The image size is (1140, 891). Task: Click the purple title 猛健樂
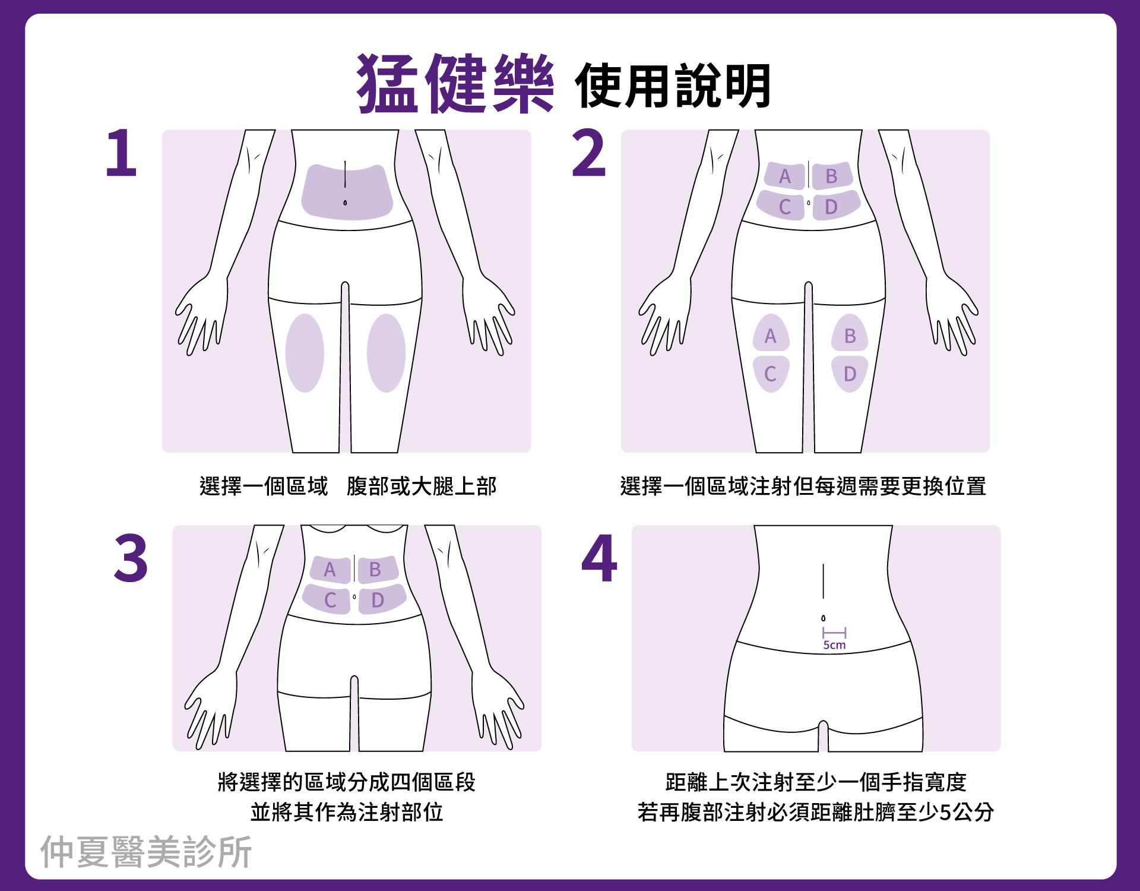pos(455,83)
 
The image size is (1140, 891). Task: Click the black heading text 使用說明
pos(673,86)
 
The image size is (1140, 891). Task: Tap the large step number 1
pos(121,153)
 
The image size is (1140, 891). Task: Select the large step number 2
pos(588,153)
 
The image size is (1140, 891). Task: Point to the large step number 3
pos(131,558)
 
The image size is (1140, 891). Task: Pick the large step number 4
pos(599,558)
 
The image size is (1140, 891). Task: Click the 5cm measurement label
pos(834,645)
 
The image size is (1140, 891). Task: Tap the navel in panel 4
pos(823,618)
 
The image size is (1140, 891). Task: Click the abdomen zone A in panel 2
pos(784,176)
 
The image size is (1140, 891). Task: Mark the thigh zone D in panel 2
pos(850,374)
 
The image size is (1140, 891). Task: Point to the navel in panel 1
pos(345,203)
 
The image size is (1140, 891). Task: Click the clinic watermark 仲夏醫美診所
pos(146,852)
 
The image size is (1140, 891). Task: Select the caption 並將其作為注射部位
pos(347,812)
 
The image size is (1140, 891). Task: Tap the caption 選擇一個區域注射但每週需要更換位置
pos(803,486)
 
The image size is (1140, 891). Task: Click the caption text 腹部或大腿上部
pos(422,486)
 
